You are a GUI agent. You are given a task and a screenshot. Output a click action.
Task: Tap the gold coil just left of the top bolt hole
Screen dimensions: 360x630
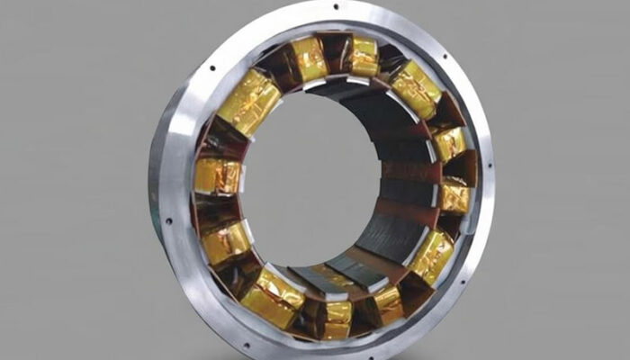pos(309,58)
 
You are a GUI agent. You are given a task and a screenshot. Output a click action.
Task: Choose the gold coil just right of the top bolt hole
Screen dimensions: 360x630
pos(364,56)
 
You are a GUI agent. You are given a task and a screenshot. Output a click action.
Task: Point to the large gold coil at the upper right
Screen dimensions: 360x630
pos(415,89)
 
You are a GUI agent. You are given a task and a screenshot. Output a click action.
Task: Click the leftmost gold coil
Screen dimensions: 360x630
pos(217,175)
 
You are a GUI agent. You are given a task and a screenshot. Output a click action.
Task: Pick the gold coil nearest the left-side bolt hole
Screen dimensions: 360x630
pos(226,241)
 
